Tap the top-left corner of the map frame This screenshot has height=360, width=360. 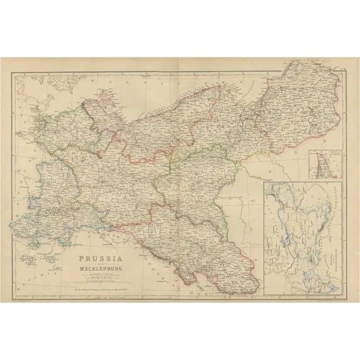pos(11,71)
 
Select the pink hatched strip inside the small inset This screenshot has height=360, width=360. pos(323,165)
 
